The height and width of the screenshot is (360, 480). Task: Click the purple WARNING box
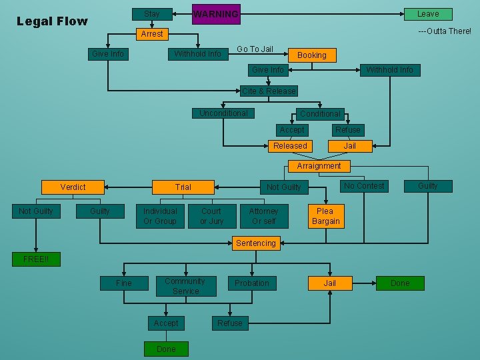pos(216,14)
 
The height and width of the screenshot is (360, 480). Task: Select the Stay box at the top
pos(152,13)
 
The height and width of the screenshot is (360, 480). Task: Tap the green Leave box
pos(428,13)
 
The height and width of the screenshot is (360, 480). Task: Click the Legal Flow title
pos(52,21)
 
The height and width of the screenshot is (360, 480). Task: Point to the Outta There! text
pos(444,31)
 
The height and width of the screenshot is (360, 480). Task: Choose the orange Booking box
pos(312,55)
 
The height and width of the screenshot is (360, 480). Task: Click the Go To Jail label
pos(255,49)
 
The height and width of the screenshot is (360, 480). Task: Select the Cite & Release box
pos(269,91)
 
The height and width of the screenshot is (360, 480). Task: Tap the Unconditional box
pos(223,113)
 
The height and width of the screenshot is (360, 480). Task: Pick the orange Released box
pos(291,145)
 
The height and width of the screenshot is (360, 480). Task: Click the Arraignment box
pos(319,166)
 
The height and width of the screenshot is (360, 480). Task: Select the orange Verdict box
pos(73,187)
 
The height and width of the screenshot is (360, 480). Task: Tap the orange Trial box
pos(183,187)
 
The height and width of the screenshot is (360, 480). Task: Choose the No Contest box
pos(364,186)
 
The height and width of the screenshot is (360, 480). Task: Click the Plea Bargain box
pos(326,216)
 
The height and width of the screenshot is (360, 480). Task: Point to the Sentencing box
pos(255,243)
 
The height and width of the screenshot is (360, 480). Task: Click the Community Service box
pos(185,286)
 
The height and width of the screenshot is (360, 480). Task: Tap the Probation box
pos(252,283)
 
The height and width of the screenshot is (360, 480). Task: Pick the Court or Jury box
pos(211,216)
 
